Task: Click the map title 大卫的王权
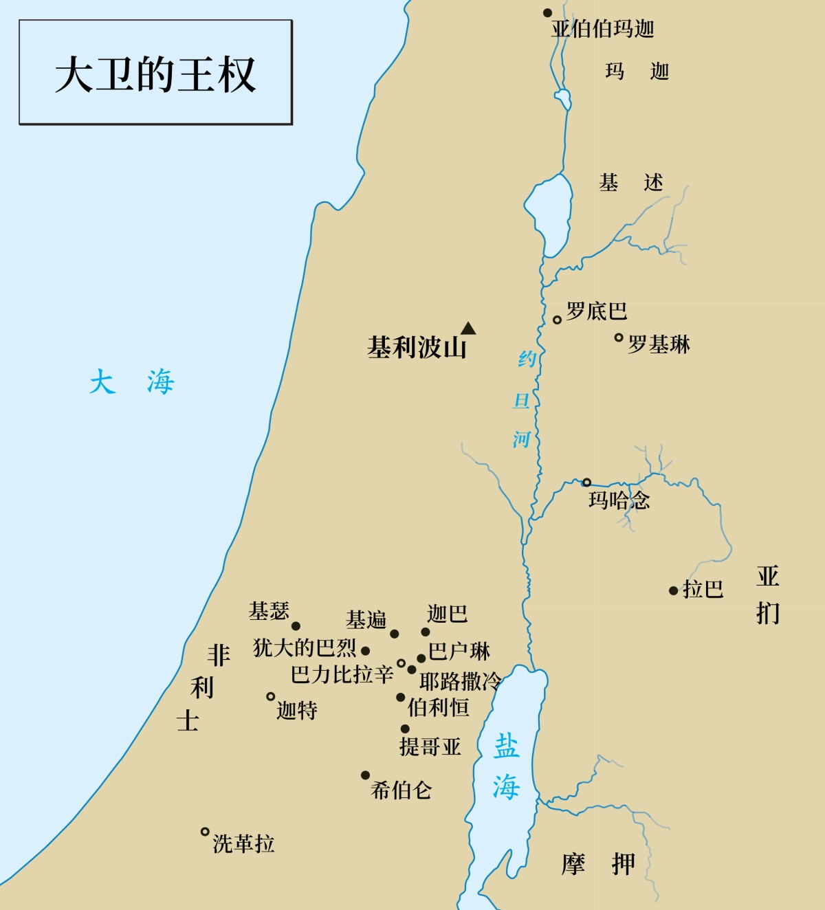(x=155, y=74)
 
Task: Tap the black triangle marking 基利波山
(x=468, y=328)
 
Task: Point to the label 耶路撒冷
(x=460, y=681)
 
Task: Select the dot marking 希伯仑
(x=366, y=775)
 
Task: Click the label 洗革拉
(x=243, y=843)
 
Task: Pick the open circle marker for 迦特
(x=271, y=697)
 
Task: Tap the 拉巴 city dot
(x=674, y=590)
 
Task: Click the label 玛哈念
(x=619, y=500)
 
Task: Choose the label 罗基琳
(x=659, y=344)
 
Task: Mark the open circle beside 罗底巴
(x=558, y=320)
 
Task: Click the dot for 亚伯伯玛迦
(x=548, y=13)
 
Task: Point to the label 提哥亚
(x=430, y=746)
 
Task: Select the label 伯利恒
(x=438, y=707)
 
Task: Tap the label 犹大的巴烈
(x=305, y=647)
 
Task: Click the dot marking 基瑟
(x=296, y=626)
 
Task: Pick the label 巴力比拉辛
(x=342, y=674)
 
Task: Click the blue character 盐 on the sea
(x=507, y=746)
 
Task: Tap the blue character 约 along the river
(x=527, y=358)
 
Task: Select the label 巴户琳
(x=459, y=651)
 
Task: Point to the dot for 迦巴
(x=426, y=632)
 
